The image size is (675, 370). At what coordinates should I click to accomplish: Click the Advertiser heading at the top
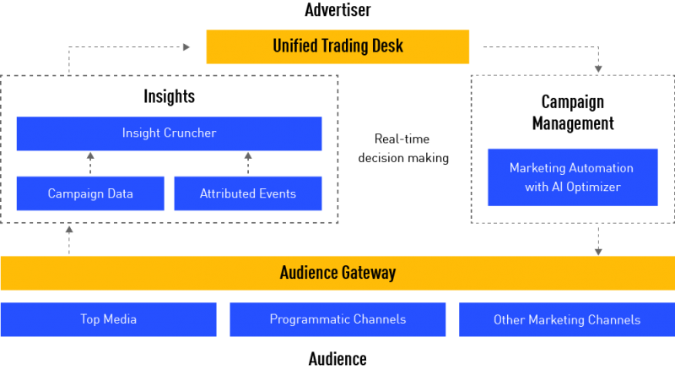coord(337,10)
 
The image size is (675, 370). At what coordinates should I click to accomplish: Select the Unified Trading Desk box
coord(337,46)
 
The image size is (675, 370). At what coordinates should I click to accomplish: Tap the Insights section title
coord(170,96)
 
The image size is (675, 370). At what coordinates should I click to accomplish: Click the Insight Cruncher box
coord(170,133)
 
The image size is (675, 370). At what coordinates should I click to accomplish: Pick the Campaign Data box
coord(90,193)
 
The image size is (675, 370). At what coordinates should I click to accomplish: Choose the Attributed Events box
coord(248,193)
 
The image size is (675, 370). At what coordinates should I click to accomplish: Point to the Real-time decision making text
coord(403,149)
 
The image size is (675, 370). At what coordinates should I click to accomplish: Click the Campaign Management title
coord(573,112)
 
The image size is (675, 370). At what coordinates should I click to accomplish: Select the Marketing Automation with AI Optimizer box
coord(573,177)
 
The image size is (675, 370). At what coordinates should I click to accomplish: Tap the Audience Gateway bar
coord(337,273)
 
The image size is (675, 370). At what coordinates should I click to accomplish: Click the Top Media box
coord(109,319)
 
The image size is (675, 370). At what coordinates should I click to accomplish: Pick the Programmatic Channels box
coord(337,319)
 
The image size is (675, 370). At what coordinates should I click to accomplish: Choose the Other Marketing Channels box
coord(567,319)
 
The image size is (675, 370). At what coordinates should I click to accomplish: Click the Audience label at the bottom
coord(337,359)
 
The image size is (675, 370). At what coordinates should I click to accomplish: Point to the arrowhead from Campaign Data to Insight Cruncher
coord(90,156)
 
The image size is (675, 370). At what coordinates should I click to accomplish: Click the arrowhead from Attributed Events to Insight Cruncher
coord(248,156)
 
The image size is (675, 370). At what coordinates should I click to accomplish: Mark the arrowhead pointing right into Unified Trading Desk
coord(186,47)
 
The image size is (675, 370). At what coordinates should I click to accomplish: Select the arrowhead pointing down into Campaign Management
coord(598,69)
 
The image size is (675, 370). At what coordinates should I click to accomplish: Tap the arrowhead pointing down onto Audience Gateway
coord(598,252)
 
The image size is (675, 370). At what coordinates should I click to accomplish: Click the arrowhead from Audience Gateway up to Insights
coord(69,230)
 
